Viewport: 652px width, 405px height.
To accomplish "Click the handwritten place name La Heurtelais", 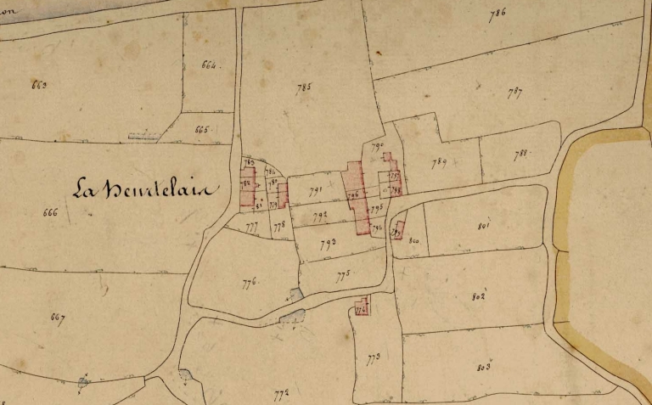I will (144, 188).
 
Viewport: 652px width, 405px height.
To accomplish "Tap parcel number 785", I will (305, 87).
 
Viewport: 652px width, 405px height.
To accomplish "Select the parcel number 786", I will (497, 12).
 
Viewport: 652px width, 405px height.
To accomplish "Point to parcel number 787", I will (514, 93).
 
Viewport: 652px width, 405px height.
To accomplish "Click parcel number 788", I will (521, 153).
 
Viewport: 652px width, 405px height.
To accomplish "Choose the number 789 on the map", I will (439, 162).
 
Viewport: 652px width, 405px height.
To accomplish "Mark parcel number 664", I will (210, 65).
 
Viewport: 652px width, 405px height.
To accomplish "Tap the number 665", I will (201, 130).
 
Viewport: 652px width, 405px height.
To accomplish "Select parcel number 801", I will (485, 226).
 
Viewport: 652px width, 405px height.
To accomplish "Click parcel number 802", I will (477, 297).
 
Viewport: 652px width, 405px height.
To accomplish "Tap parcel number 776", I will (249, 284).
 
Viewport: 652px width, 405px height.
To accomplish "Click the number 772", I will (282, 392).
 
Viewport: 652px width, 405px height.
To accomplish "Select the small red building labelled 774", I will (363, 308).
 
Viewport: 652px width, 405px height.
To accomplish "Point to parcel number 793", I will (328, 244).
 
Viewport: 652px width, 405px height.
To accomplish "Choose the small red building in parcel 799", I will (397, 228).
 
